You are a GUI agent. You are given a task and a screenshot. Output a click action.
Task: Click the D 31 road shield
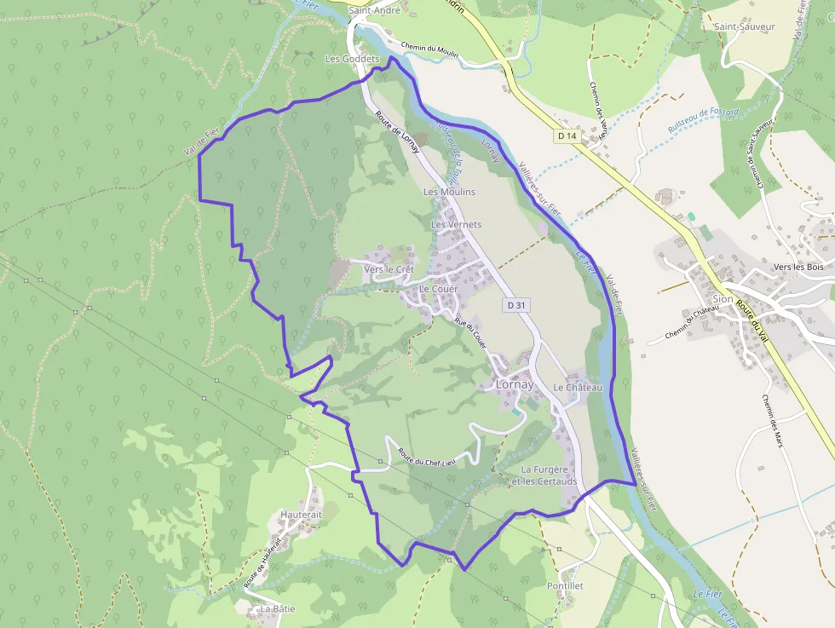[514, 305]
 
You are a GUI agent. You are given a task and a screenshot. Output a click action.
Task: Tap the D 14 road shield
[567, 135]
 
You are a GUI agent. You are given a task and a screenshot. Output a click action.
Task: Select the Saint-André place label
[375, 11]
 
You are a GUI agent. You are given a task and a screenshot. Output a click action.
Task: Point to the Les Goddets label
[347, 59]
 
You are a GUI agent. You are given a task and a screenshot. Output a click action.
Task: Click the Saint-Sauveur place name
[745, 26]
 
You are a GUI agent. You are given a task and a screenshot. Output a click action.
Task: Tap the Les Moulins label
[449, 192]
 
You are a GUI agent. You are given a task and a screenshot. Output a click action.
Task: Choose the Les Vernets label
[456, 224]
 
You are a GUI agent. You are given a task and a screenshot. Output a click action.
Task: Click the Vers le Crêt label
[389, 269]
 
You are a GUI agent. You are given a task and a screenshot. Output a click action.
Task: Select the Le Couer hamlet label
[438, 289]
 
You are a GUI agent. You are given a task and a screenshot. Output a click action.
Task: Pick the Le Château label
[578, 388]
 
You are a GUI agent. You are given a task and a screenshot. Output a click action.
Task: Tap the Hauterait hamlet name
[302, 515]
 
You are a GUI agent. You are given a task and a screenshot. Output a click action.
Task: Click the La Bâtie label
[278, 609]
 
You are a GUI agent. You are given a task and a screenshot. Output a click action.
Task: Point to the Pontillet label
[565, 586]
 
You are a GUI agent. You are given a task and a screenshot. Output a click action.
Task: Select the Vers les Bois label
[798, 267]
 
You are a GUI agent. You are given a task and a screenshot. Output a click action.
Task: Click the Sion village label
[723, 299]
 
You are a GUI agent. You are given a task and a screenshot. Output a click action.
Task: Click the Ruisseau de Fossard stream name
[703, 122]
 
